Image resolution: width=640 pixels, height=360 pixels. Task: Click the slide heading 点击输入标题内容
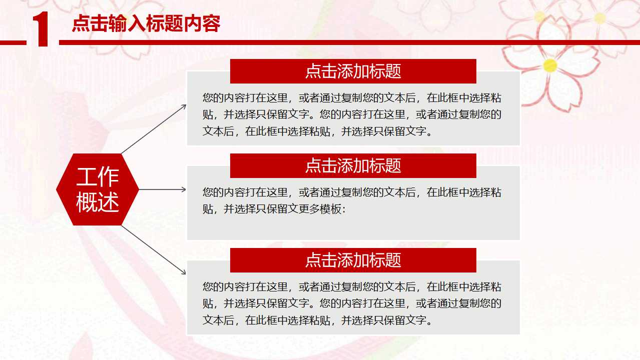coord(146,23)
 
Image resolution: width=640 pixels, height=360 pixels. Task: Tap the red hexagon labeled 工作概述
coord(98,189)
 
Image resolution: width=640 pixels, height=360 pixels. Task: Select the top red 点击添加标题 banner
coord(353,71)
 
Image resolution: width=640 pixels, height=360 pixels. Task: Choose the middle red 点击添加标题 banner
coord(353,165)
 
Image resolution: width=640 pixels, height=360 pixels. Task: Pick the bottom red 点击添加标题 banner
coord(353,260)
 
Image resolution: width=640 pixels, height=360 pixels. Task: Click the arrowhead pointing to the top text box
coord(184,106)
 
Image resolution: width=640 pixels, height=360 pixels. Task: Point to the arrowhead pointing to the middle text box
coord(184,189)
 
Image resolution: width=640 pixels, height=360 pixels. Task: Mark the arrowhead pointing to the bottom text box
coord(184,272)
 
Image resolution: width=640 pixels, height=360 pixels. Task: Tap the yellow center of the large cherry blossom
coord(550,65)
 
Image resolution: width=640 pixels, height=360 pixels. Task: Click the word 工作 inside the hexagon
coord(98,177)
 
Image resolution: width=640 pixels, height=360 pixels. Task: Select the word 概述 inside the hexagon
coord(98,202)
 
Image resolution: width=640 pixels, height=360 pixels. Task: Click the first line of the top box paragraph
coord(352,97)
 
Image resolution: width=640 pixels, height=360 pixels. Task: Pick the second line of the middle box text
coord(274,209)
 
